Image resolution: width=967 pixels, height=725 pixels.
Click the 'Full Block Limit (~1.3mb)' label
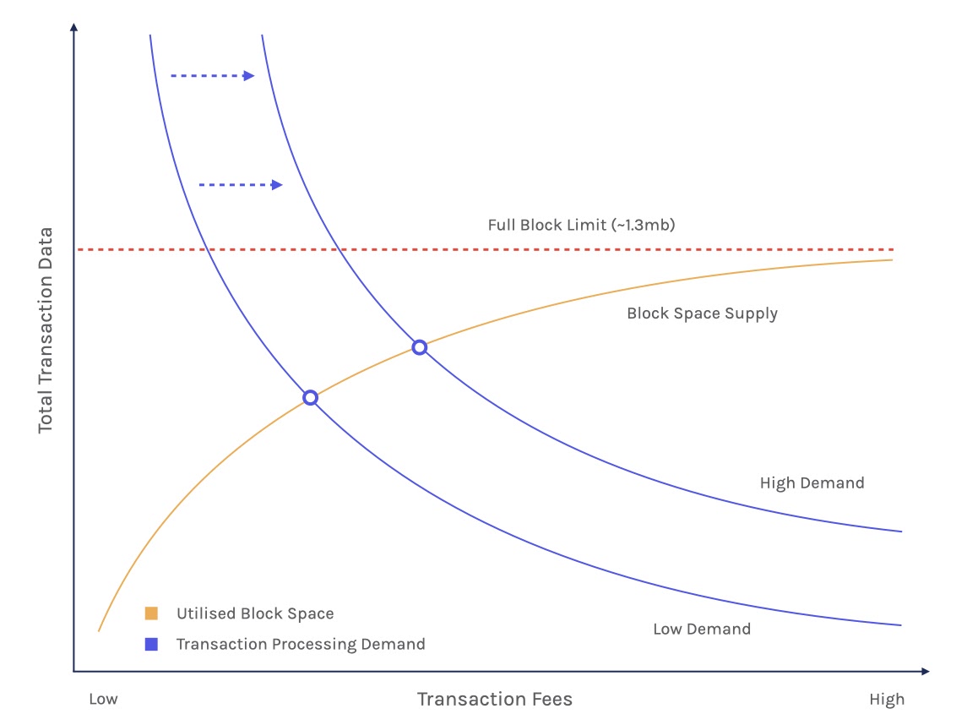581,225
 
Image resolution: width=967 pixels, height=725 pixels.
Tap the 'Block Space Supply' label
702,313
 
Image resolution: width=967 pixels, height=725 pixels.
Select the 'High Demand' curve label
812,482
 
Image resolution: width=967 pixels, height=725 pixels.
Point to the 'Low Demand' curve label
702,629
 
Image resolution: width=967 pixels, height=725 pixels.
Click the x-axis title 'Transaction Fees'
495,699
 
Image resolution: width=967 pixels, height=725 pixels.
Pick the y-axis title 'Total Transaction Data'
45,330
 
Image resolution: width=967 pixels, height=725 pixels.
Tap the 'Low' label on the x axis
103,699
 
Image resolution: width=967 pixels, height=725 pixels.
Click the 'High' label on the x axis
887,699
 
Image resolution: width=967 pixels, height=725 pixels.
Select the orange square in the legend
151,613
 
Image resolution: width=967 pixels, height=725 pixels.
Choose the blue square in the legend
151,644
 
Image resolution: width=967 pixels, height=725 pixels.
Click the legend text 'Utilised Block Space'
255,613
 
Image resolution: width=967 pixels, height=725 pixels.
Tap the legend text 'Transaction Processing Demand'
301,644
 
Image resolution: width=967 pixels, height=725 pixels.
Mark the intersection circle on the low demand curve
310,398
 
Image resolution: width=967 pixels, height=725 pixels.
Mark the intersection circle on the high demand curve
420,348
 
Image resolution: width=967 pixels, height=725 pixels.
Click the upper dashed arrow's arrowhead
249,76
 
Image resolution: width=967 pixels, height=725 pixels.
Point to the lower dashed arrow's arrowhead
277,184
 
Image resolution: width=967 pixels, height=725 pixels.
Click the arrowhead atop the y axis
74,26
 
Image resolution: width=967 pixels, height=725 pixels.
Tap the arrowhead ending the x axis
925,671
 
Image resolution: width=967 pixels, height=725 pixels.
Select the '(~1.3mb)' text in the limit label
644,225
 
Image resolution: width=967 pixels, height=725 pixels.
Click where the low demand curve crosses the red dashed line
208,249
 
